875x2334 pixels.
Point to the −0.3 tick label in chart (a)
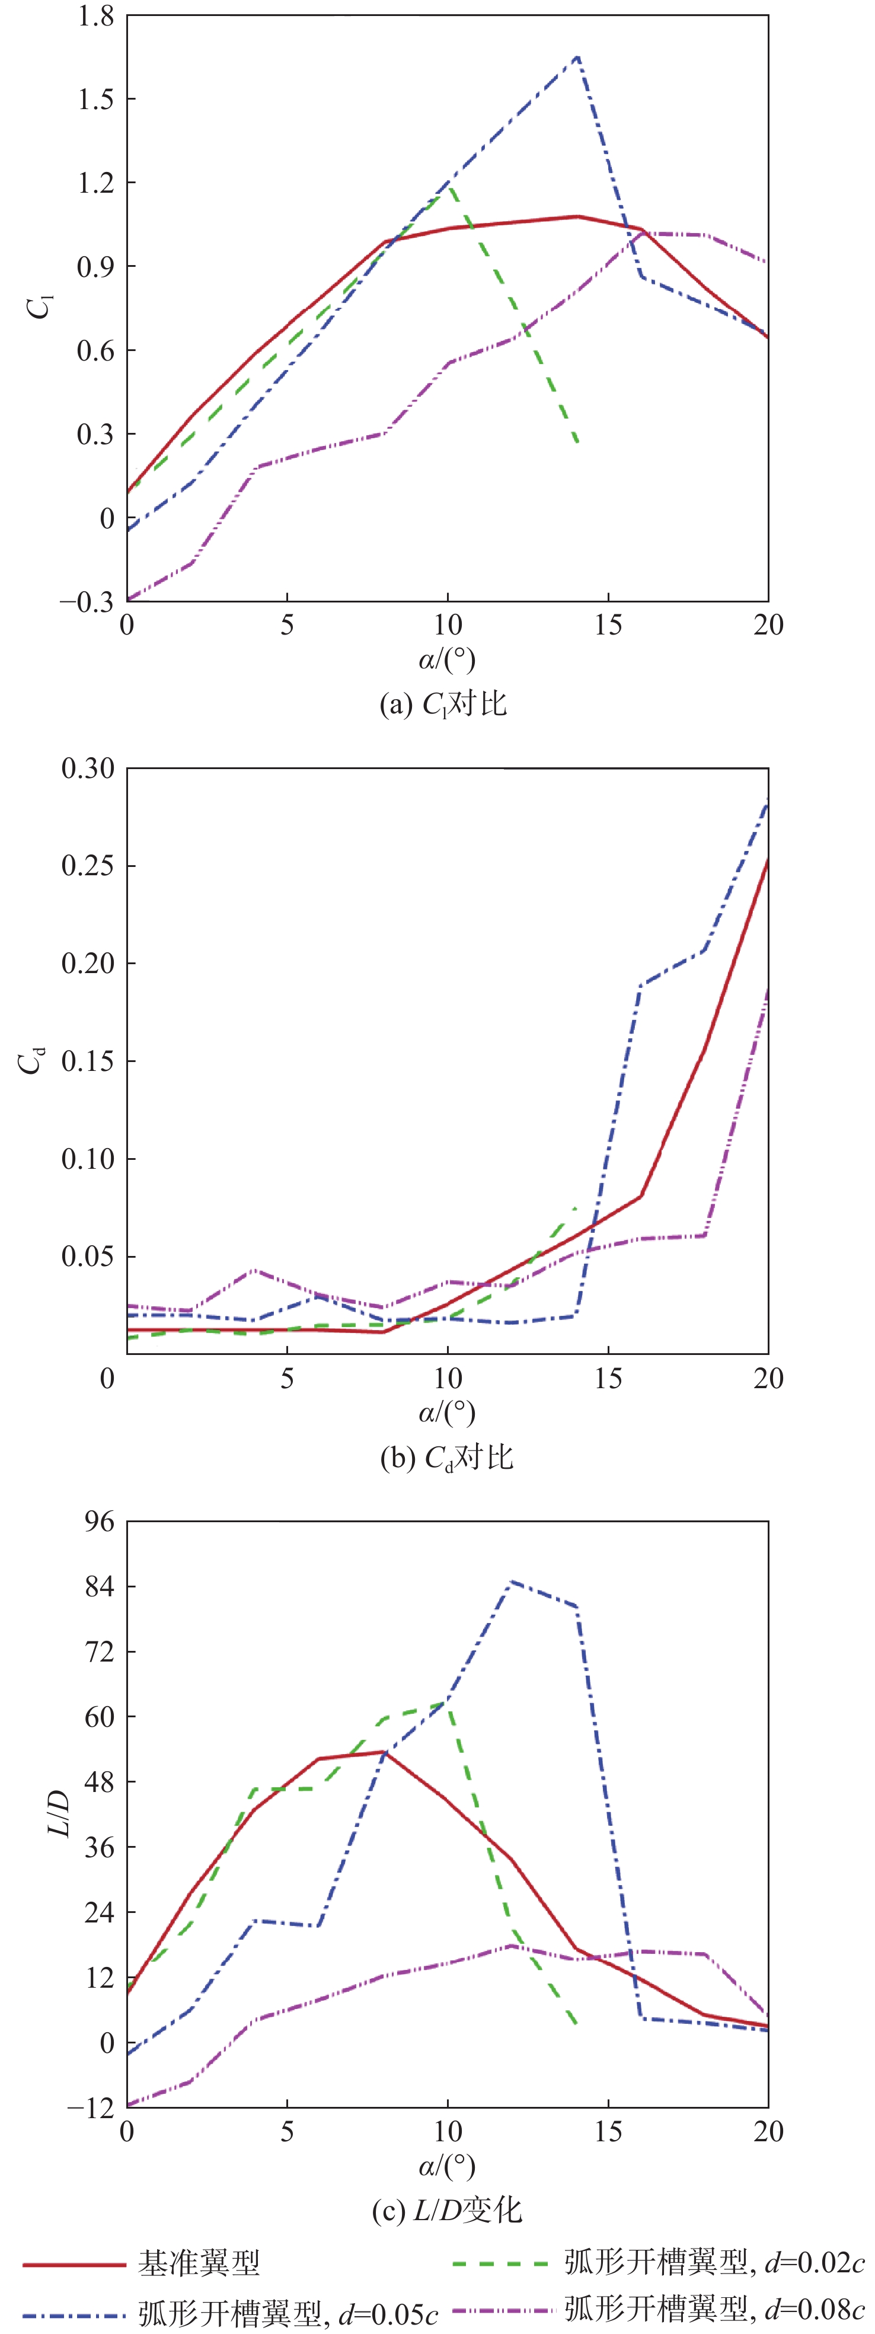point(87,602)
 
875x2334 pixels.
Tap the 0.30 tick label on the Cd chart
point(88,769)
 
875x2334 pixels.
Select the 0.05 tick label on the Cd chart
point(88,1257)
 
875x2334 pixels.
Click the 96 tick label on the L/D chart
point(100,1521)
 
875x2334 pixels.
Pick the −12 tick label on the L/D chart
point(91,2107)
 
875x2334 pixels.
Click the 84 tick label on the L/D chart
point(100,1586)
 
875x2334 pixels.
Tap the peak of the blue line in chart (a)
point(577,56)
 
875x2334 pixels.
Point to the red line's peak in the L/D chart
point(384,1752)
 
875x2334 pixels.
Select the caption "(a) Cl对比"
point(443,704)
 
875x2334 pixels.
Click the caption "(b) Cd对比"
point(446,1457)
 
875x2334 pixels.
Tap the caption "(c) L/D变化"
point(446,2210)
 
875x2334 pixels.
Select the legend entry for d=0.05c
point(288,2313)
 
